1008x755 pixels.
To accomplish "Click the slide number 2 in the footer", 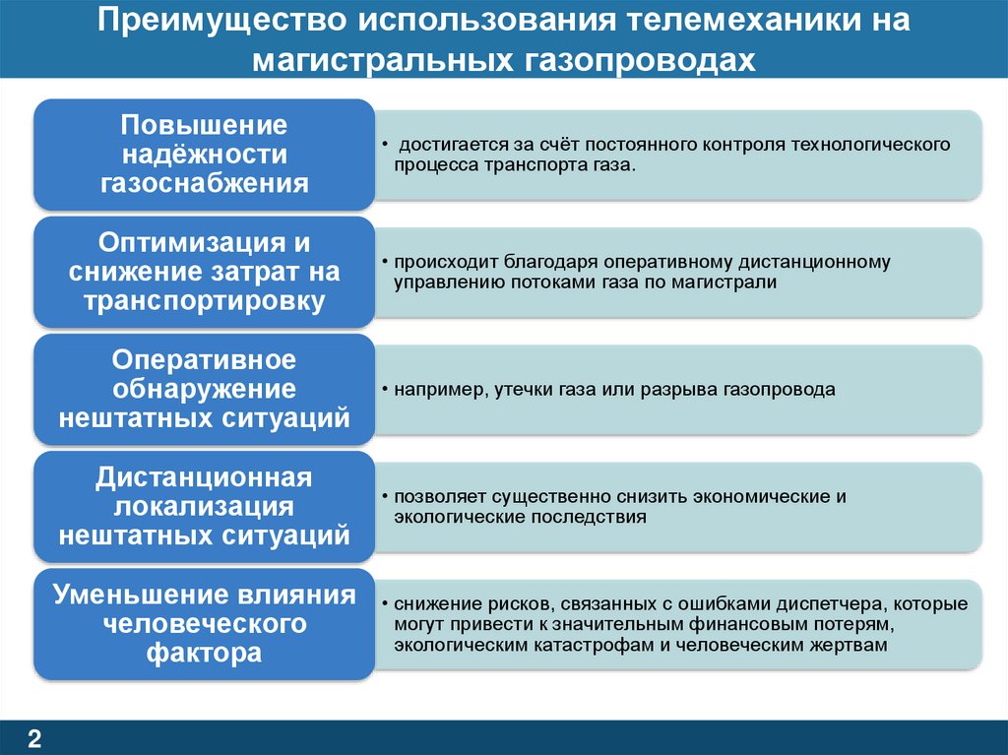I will click(x=34, y=738).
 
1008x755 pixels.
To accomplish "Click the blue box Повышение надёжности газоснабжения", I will click(x=204, y=155).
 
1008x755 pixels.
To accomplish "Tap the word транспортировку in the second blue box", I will click(x=204, y=301).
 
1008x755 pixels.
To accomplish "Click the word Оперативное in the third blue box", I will click(x=204, y=359).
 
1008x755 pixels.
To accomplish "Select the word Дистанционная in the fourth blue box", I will click(x=204, y=477).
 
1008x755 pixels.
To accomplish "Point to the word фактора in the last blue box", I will click(x=204, y=653).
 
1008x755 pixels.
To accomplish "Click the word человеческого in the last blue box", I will click(x=204, y=624).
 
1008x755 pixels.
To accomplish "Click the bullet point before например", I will click(x=384, y=390).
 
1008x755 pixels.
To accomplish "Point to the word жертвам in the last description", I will click(x=856, y=646).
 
